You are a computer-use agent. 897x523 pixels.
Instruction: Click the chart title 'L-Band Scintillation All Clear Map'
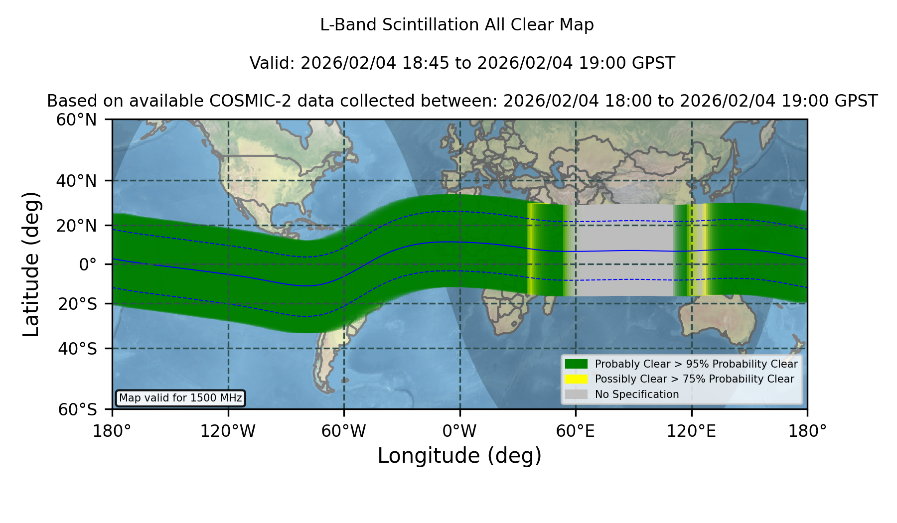(456, 25)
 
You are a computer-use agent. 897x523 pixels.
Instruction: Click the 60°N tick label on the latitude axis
(77, 120)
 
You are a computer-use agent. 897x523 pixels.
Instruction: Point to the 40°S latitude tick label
(77, 349)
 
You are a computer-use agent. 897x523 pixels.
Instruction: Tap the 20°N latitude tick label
(77, 226)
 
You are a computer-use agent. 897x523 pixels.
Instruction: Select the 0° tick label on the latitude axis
(88, 264)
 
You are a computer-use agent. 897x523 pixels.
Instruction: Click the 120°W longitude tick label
(228, 431)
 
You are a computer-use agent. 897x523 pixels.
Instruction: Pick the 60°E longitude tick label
(576, 431)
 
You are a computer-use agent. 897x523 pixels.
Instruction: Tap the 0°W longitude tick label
(459, 431)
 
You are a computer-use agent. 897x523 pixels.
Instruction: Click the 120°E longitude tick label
(691, 431)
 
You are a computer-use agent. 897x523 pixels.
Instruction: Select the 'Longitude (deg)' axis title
(459, 456)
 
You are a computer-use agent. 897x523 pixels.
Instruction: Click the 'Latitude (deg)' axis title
(31, 264)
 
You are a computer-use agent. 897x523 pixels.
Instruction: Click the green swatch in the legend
(576, 364)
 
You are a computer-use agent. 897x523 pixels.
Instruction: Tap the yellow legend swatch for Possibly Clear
(576, 379)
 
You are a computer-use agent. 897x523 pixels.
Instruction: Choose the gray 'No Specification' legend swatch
(576, 394)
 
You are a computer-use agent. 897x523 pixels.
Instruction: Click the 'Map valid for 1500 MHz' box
(180, 398)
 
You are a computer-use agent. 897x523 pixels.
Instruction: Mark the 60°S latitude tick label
(77, 409)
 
